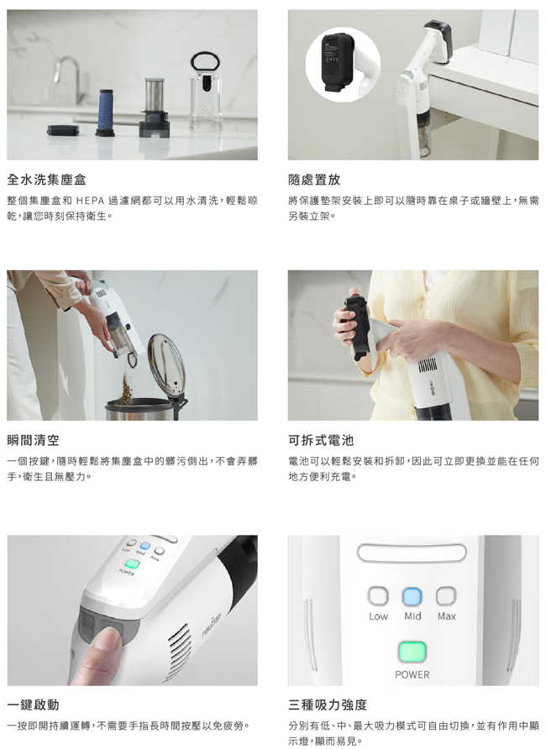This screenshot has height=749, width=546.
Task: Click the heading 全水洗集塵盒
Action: coord(46,180)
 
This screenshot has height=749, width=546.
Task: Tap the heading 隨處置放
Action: coord(314,180)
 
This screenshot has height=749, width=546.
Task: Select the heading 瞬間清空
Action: coord(33,440)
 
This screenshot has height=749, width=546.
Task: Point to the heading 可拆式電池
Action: coord(321,440)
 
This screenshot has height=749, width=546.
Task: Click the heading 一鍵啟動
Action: coord(33,704)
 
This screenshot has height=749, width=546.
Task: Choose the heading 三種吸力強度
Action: coord(328,704)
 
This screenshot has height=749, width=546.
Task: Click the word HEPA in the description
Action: coord(90,201)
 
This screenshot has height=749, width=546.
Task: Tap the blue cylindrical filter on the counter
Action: coord(105,113)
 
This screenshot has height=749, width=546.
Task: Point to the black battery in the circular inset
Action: coord(337,61)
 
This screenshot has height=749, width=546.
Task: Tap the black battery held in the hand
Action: coord(359,327)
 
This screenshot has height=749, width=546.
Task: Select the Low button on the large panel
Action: coord(378,596)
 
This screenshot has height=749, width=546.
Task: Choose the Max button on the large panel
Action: coord(446,596)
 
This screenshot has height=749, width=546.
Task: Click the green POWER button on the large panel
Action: coord(412,652)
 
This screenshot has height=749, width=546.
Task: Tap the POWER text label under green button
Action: coord(412,674)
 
